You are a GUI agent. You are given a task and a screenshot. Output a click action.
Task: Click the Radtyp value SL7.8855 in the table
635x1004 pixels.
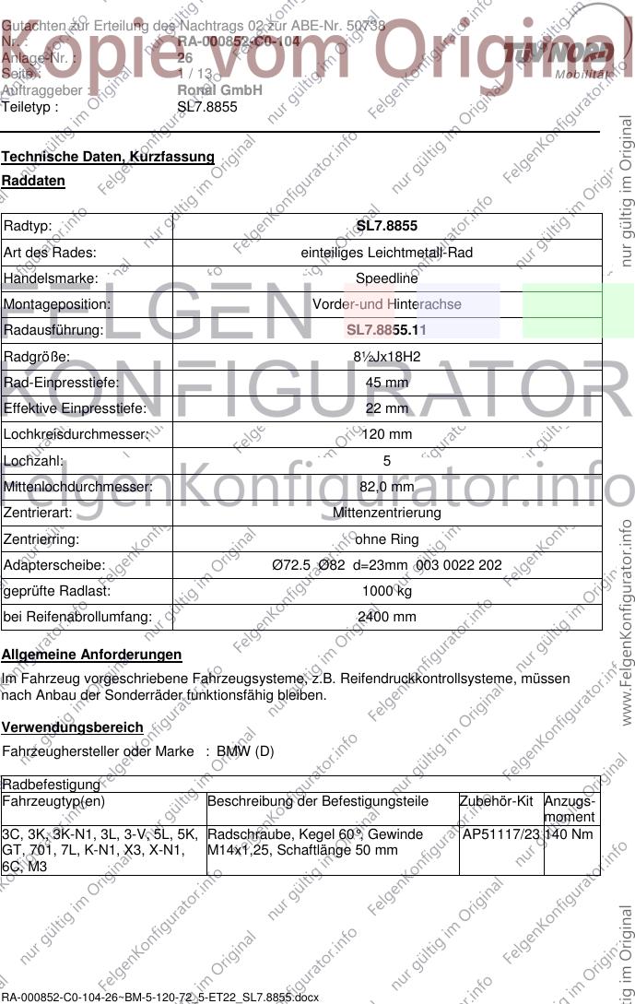(x=387, y=226)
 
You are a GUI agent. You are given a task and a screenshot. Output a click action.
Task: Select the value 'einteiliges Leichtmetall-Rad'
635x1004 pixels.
(x=387, y=252)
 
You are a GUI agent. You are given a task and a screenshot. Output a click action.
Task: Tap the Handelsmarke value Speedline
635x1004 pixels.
(x=387, y=278)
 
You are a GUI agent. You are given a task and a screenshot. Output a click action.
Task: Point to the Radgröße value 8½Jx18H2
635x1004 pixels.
(x=387, y=356)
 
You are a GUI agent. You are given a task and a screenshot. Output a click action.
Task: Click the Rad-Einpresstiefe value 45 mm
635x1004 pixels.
(x=387, y=382)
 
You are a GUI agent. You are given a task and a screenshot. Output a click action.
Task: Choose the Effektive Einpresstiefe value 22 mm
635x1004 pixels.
(x=387, y=408)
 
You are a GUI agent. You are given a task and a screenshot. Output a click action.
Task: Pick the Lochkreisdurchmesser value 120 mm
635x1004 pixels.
(x=387, y=433)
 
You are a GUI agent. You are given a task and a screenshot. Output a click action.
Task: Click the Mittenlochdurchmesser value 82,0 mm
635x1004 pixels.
(x=387, y=486)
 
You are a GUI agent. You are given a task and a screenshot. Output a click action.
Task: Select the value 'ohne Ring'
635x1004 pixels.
(x=387, y=538)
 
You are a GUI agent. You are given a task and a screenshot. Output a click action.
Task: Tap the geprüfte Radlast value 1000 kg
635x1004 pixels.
(x=387, y=591)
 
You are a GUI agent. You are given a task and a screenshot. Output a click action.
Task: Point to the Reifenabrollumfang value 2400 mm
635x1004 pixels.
(x=387, y=617)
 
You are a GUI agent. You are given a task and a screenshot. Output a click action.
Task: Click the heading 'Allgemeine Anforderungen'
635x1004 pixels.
(x=91, y=655)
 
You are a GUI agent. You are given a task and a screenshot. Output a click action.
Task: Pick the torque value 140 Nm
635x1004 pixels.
(x=570, y=834)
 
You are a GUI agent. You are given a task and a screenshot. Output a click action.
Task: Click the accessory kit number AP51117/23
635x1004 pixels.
(x=501, y=834)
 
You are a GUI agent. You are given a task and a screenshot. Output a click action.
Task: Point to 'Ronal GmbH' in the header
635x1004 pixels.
(x=219, y=90)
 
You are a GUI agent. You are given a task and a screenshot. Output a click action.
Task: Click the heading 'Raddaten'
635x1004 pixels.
(x=33, y=182)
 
